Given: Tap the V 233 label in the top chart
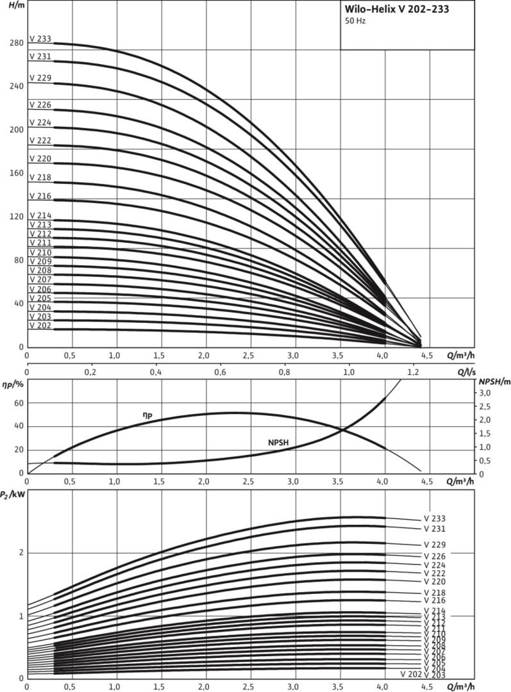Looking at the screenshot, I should [40, 38].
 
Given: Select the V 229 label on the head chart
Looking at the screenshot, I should [40, 78].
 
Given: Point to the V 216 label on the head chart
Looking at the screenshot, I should [40, 195].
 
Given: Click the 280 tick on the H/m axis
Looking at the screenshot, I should [16, 43].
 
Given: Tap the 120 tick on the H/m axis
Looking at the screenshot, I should [16, 217].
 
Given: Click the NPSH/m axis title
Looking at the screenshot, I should [494, 382].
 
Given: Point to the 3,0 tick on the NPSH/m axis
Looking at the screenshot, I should [486, 393].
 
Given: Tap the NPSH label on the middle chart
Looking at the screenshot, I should [278, 442].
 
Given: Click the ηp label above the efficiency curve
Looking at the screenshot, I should [147, 416].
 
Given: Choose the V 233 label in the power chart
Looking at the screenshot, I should [434, 518].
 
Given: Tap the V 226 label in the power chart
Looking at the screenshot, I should [434, 556].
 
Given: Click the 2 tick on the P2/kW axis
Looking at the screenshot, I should [22, 552].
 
